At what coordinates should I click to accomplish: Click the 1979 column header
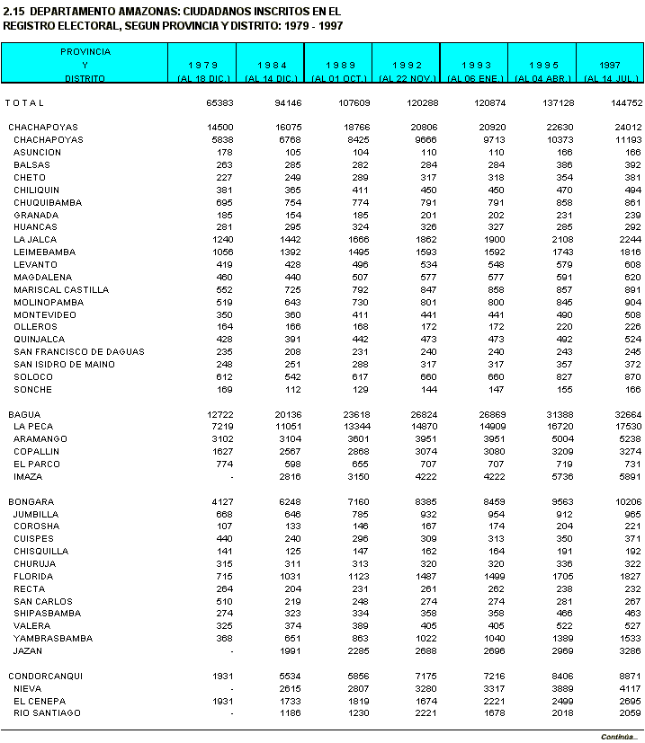[202, 66]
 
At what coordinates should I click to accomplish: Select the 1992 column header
[407, 66]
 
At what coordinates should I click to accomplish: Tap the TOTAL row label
[24, 103]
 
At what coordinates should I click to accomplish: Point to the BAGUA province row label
[24, 413]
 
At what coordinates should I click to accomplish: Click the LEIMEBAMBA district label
[42, 252]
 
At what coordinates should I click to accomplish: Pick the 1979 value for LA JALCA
[220, 240]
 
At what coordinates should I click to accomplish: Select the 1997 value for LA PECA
[624, 426]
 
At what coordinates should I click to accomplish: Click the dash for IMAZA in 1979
[232, 476]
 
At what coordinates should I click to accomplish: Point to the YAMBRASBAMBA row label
[52, 639]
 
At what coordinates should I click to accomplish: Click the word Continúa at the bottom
[619, 737]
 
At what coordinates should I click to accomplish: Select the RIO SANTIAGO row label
[47, 713]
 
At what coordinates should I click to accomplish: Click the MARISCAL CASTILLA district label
[61, 290]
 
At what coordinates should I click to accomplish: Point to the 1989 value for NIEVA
[358, 688]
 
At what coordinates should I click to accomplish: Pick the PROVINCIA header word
[85, 52]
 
